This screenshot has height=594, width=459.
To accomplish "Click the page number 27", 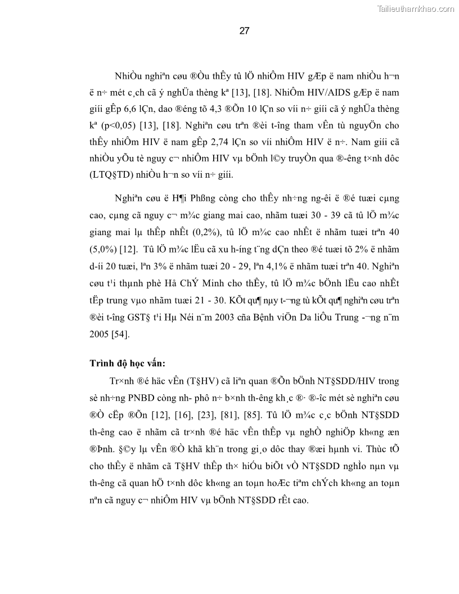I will [x=244, y=31].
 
